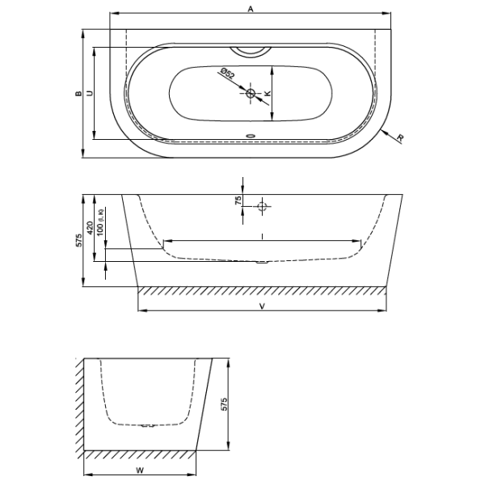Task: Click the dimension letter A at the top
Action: point(251,9)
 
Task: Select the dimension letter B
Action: point(78,94)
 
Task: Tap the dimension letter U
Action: point(90,93)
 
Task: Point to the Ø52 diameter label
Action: point(227,74)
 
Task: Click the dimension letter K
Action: point(268,93)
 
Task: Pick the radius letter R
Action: point(401,138)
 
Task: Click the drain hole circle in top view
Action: point(251,92)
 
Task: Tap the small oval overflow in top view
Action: point(251,136)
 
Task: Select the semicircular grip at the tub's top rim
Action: point(251,52)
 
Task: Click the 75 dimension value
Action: point(238,200)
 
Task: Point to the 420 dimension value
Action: point(90,228)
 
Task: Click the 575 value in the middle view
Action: point(79,240)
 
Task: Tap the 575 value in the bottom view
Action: point(224,404)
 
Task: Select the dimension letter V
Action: point(262,306)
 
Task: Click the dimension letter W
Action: point(140,470)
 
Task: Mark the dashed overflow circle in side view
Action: point(262,206)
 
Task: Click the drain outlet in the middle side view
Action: point(262,263)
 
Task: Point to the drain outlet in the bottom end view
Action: point(148,426)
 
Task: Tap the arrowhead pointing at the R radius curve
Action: point(385,133)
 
